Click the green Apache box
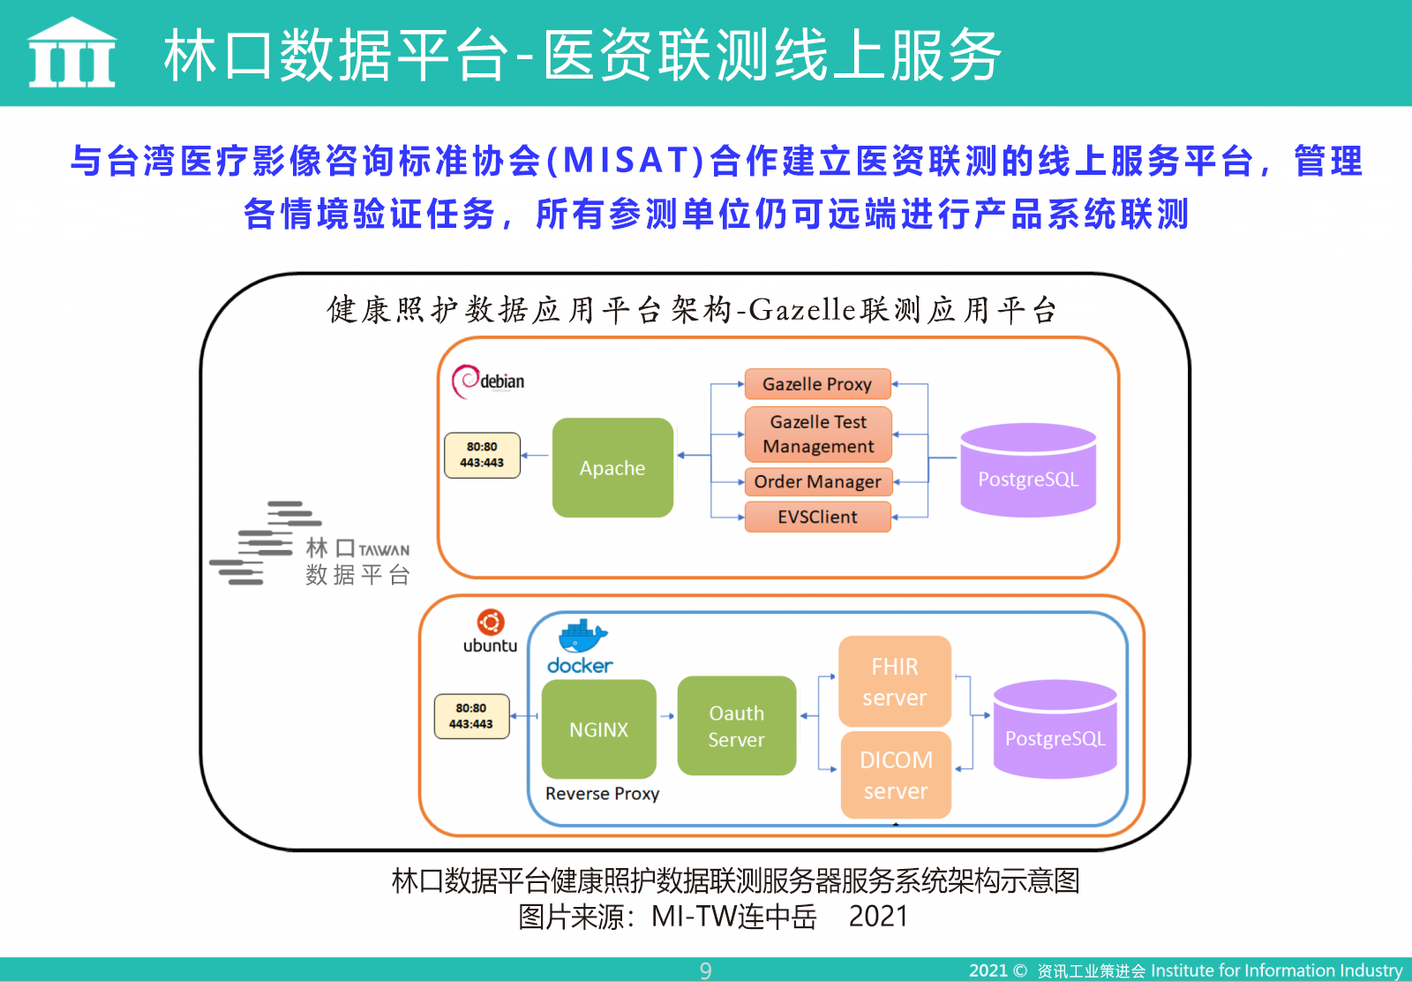tap(612, 467)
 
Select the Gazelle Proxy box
tap(817, 384)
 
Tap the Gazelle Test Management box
tap(818, 434)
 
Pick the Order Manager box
tap(818, 482)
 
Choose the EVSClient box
tap(818, 517)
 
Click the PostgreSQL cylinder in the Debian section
tap(1028, 470)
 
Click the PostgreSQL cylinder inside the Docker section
tap(1055, 729)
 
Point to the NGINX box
tap(599, 729)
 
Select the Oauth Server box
tap(736, 726)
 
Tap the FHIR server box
tap(895, 682)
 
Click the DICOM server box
tap(896, 775)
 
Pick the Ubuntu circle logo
tap(491, 623)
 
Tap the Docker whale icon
tap(583, 636)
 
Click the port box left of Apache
tap(482, 455)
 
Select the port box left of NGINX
tap(471, 716)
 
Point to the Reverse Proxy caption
tap(602, 793)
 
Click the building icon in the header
tap(71, 52)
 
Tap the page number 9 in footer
tap(705, 970)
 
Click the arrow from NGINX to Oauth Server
tap(667, 716)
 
